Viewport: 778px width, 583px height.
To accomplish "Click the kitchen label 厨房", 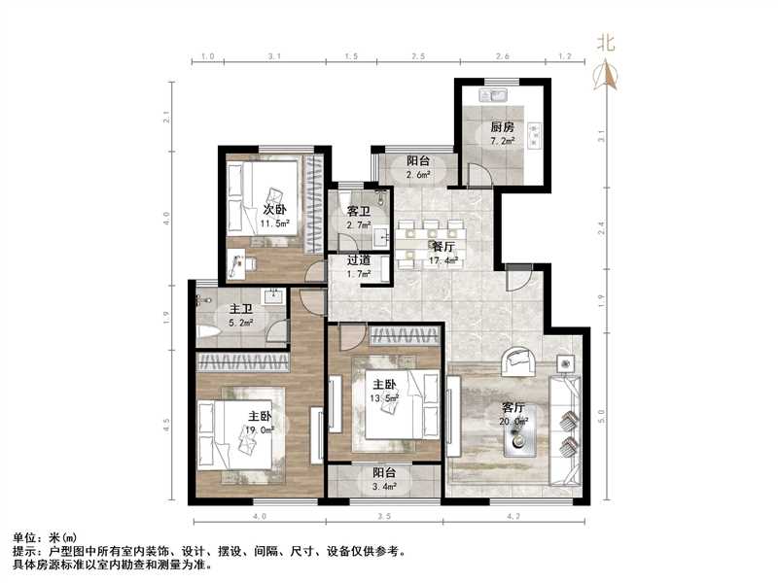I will [x=501, y=127].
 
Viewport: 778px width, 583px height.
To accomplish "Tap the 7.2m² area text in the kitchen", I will [x=502, y=141].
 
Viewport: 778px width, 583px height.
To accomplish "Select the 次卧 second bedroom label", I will [x=274, y=210].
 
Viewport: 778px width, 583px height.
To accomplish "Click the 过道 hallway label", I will [x=358, y=260].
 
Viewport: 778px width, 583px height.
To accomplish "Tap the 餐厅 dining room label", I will [x=444, y=246].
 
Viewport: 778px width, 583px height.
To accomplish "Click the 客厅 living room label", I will [x=513, y=407].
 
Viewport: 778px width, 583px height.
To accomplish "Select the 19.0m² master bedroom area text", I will [x=260, y=429].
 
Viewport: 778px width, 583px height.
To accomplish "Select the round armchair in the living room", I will [x=519, y=362].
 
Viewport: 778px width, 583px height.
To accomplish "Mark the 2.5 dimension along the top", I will [x=418, y=58].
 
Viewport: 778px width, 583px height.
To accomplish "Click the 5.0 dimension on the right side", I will [x=601, y=414].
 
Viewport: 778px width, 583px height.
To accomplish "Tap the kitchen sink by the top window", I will [x=495, y=95].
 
